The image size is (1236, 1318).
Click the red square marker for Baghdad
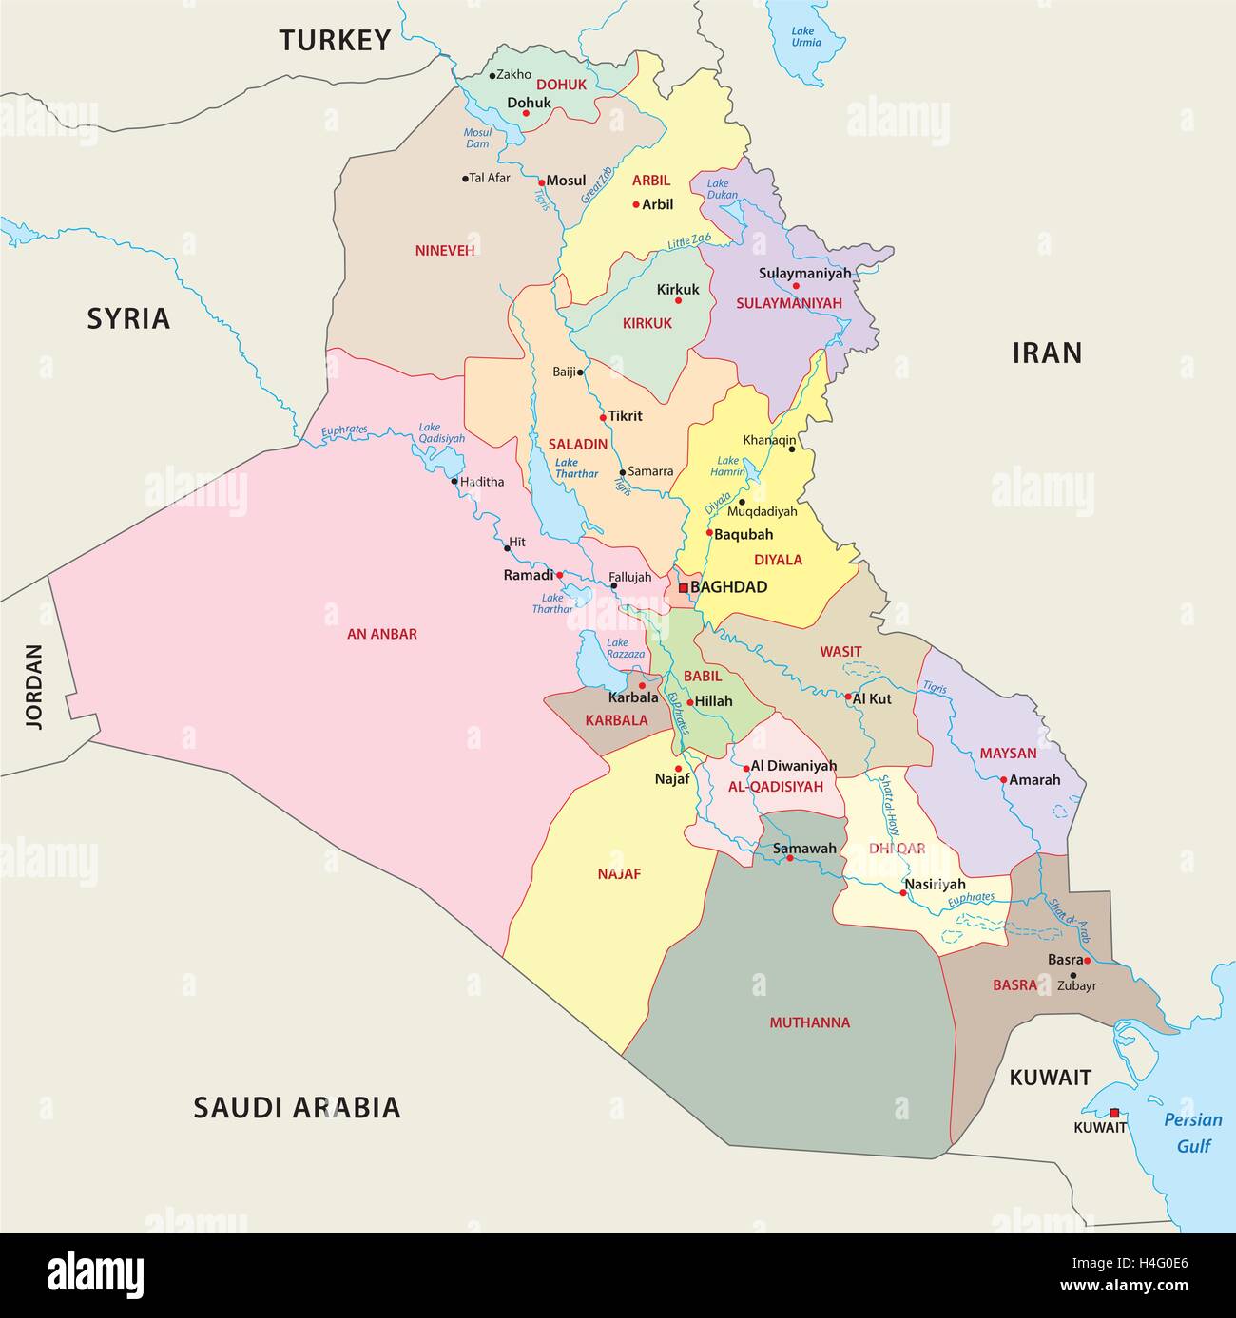683,588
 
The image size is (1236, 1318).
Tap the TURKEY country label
335,40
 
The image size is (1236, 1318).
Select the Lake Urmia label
806,37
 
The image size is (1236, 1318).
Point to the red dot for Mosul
541,181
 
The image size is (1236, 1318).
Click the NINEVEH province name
444,251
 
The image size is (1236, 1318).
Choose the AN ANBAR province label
381,634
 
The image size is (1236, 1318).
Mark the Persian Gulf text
1193,1133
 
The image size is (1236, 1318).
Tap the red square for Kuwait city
1114,1113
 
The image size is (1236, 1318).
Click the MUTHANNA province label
810,1023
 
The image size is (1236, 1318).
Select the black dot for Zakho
492,75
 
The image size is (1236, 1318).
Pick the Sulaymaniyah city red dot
797,286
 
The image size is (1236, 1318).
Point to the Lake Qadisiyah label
442,433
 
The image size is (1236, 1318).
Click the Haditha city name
482,482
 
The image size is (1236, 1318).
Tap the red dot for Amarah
1003,780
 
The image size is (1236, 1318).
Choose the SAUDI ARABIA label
297,1107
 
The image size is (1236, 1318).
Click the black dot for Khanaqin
791,449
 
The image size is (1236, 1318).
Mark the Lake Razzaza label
626,649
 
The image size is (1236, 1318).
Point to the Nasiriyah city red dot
903,893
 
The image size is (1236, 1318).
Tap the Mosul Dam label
477,139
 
